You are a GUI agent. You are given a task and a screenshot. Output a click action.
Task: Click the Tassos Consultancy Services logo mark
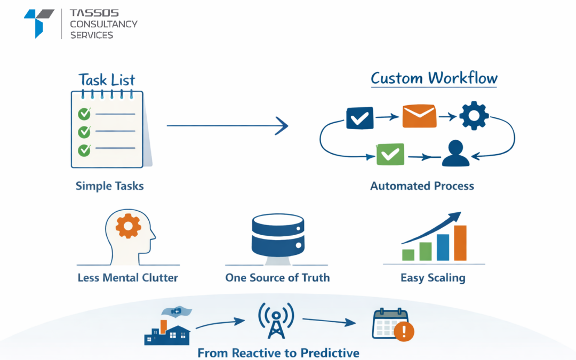(x=38, y=22)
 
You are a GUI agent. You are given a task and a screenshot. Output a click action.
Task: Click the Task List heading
(x=107, y=80)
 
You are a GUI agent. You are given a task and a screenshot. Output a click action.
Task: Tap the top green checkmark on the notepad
(x=84, y=114)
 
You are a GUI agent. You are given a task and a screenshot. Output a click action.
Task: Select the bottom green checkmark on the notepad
(x=84, y=150)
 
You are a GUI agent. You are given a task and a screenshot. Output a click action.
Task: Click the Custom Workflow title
(x=434, y=78)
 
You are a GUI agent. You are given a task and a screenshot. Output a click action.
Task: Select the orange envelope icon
(x=419, y=116)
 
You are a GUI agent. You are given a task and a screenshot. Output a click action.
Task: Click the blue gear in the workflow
(x=474, y=116)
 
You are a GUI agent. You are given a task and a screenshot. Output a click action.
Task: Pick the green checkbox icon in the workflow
(x=390, y=154)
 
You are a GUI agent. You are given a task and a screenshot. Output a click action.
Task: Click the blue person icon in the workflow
(x=455, y=154)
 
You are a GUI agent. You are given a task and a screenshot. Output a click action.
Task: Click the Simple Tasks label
(x=109, y=186)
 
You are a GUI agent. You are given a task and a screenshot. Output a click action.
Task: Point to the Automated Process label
(x=422, y=186)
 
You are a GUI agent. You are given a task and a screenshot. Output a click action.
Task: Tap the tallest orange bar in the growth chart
(x=460, y=243)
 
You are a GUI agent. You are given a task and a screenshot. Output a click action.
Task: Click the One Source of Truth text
(x=277, y=278)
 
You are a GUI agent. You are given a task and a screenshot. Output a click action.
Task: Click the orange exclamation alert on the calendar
(x=404, y=332)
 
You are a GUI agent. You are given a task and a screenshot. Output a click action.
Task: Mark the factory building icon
(x=167, y=330)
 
